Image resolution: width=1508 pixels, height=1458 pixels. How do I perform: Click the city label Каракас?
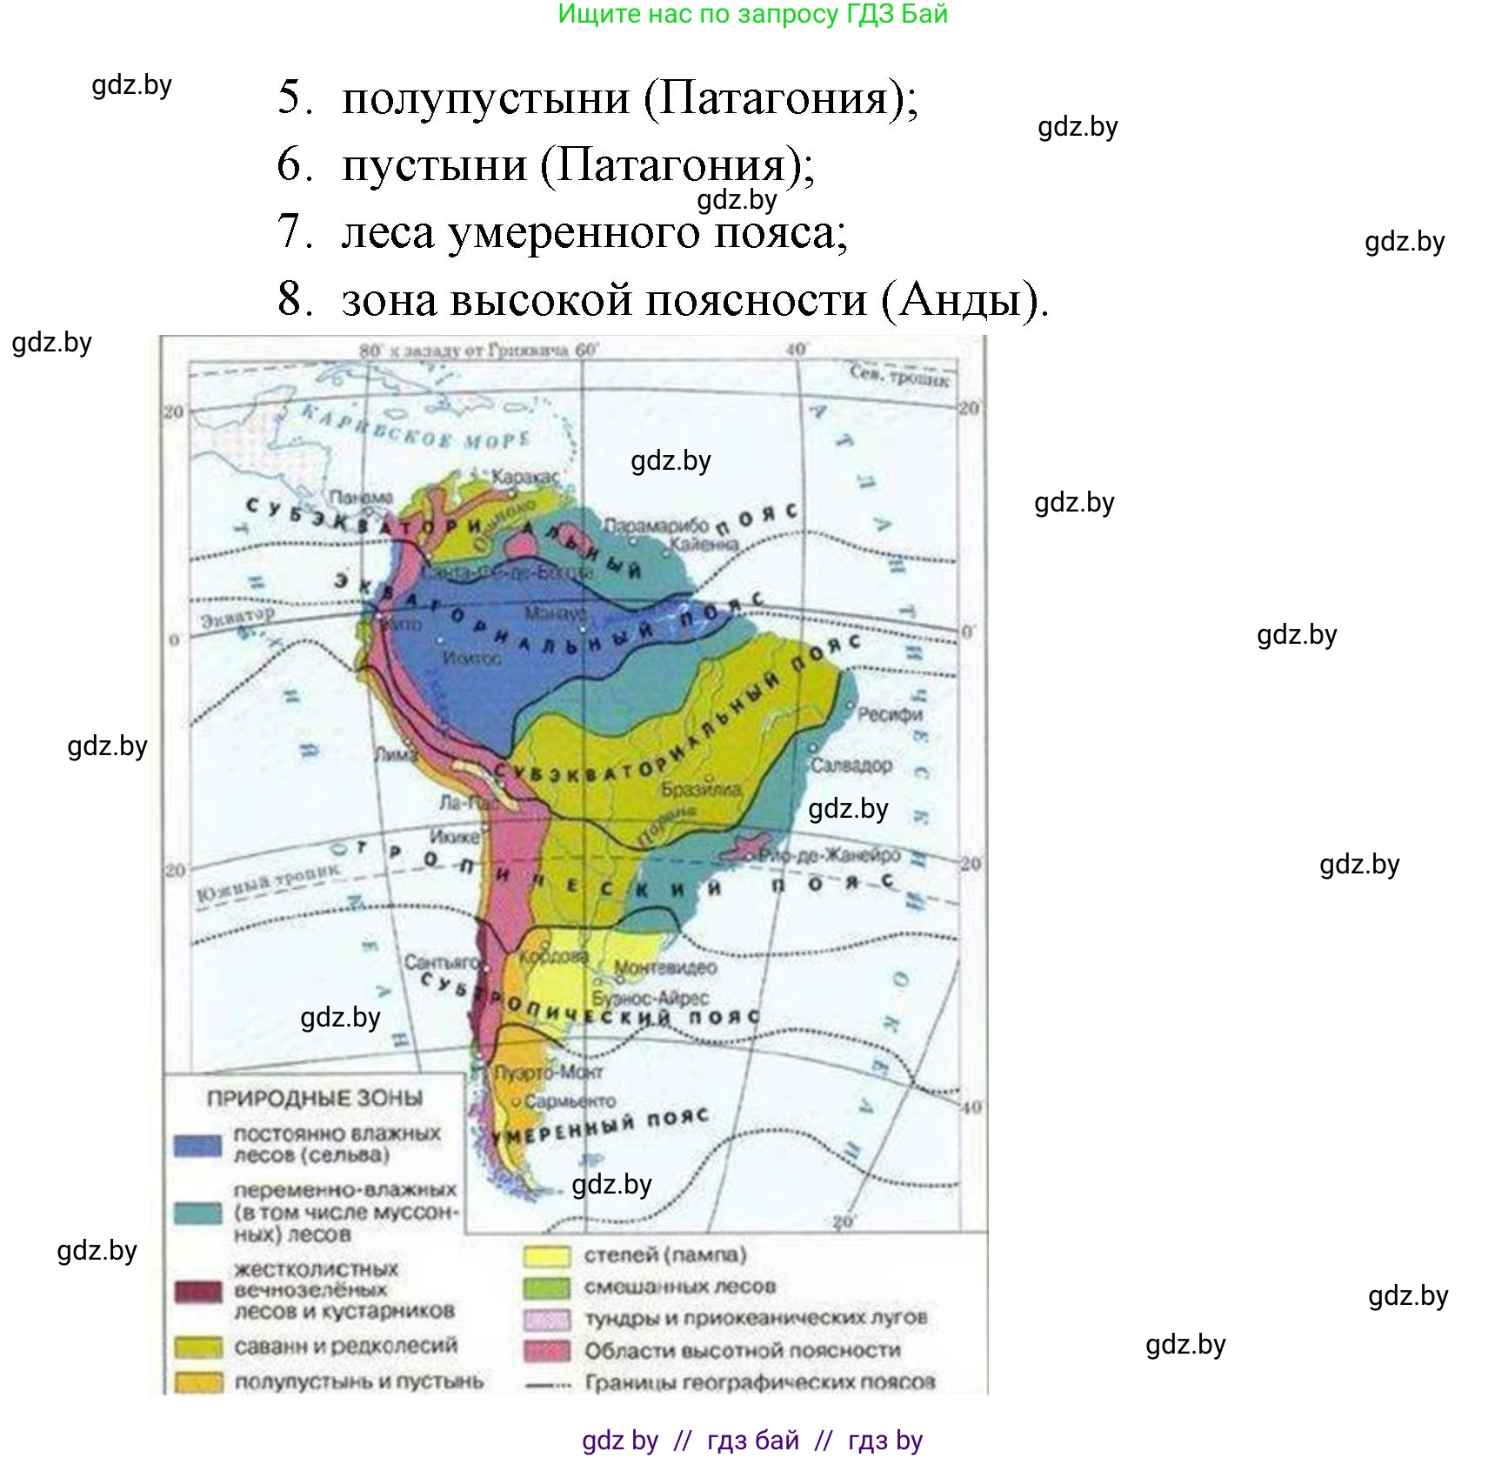tap(525, 478)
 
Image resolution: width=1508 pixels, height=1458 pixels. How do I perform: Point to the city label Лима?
tap(396, 755)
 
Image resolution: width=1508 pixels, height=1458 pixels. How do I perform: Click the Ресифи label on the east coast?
tap(890, 714)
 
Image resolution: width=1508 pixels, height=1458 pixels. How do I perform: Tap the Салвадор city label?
tap(851, 766)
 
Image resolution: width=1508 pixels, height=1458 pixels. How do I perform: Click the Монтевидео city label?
tap(665, 967)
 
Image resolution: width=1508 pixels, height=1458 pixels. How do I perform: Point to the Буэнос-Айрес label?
tap(651, 998)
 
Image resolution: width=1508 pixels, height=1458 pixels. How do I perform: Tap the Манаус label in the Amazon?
tap(555, 613)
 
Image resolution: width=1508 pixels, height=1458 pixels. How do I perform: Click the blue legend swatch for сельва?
tap(197, 1145)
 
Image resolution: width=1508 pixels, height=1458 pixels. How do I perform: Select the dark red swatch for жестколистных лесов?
tap(197, 1291)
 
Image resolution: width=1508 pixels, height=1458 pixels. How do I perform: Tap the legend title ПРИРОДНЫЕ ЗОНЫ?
tap(314, 1099)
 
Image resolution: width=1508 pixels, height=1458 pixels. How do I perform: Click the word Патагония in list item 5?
tap(774, 97)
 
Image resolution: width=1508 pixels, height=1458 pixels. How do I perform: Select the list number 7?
tap(294, 231)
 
